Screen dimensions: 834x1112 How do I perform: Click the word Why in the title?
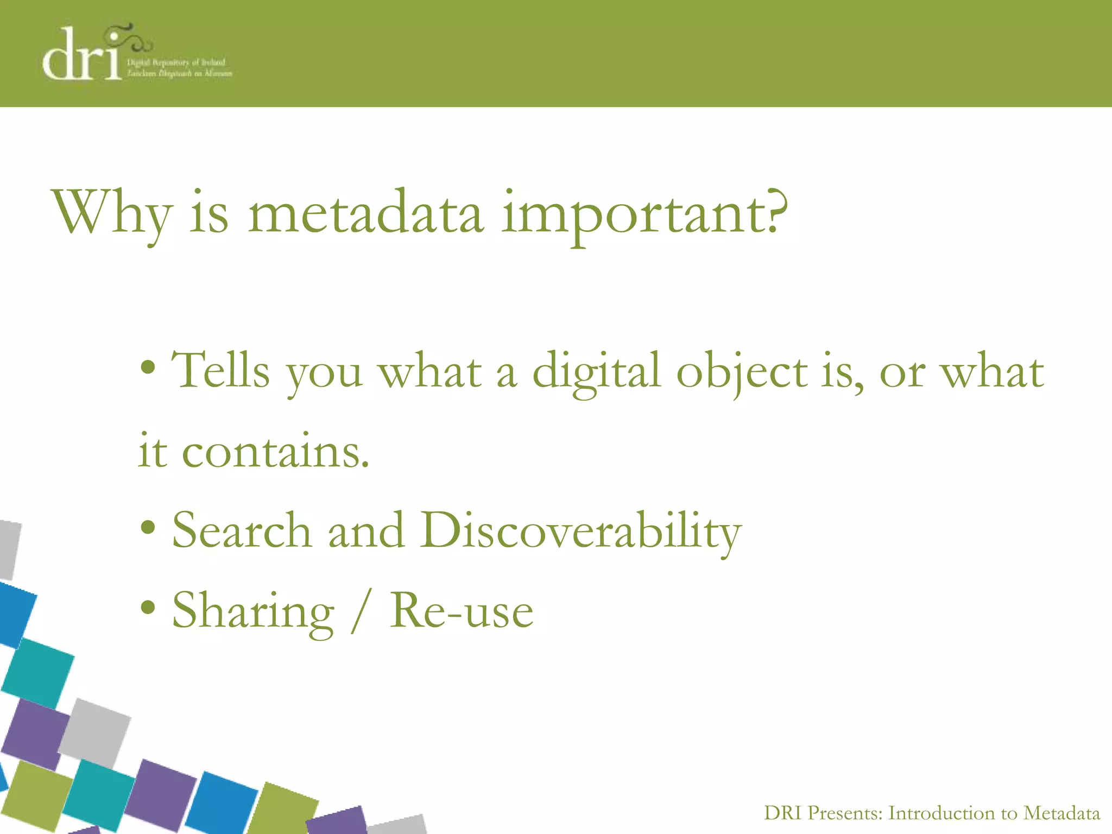[111, 213]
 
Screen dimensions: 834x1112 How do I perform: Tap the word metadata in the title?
[365, 213]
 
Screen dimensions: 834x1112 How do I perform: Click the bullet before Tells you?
[148, 369]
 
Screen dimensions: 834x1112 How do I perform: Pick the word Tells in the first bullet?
[220, 371]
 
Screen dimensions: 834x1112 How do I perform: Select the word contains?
[275, 452]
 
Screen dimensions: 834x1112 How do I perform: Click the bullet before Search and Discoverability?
[148, 527]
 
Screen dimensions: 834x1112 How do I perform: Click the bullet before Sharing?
[148, 607]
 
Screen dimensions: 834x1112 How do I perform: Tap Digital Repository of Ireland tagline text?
[176, 62]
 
